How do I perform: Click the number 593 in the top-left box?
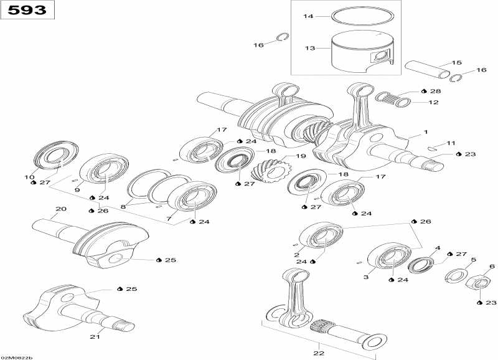(27, 11)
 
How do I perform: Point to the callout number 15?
(456, 63)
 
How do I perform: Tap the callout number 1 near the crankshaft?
(426, 132)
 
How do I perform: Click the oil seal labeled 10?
(53, 156)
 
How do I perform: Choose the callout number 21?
(94, 337)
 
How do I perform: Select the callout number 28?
(435, 92)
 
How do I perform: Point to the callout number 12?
(435, 102)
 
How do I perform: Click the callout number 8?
(123, 206)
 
